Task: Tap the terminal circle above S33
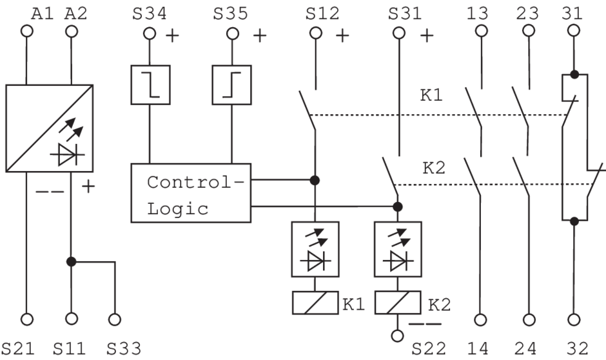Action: coord(115,319)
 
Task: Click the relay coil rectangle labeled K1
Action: coord(315,303)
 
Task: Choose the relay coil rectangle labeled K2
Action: coord(398,303)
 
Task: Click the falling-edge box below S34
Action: coord(150,84)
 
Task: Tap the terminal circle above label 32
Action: coord(574,319)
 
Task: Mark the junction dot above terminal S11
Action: coord(72,261)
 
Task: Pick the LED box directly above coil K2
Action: coord(398,250)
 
